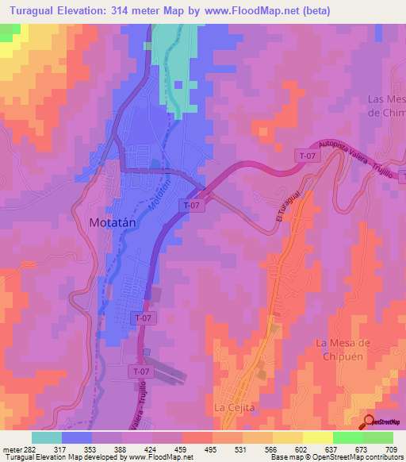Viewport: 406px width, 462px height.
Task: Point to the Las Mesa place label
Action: click(x=387, y=99)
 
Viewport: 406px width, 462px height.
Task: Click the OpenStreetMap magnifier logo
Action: click(x=370, y=422)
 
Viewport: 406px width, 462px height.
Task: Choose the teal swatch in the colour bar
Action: click(x=47, y=437)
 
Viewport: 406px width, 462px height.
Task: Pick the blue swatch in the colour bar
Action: click(x=77, y=437)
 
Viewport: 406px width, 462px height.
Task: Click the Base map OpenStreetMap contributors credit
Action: click(x=335, y=457)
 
